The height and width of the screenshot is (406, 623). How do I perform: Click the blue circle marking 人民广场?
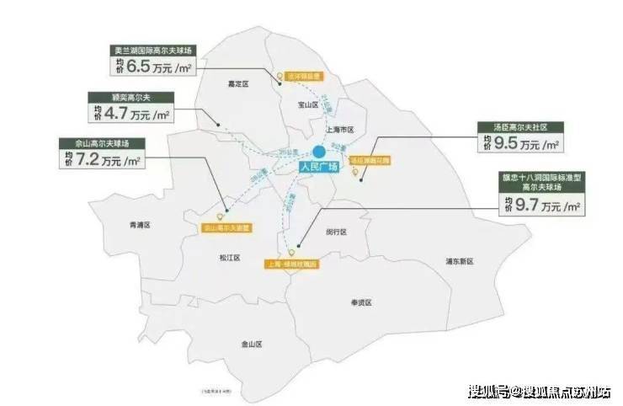320,152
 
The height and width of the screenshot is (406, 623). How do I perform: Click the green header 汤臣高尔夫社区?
518,127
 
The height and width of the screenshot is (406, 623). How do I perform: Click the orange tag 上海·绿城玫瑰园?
294,264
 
